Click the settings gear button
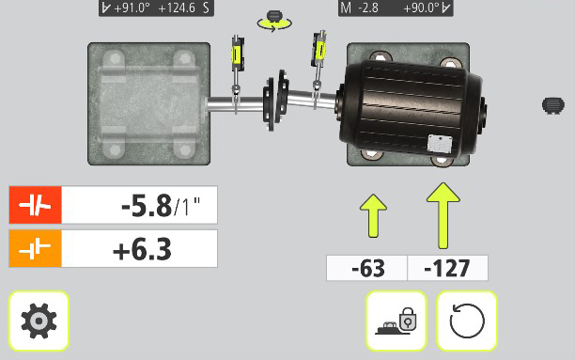click(39, 321)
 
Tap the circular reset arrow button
click(467, 321)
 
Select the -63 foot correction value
click(367, 268)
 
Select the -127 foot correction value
click(446, 268)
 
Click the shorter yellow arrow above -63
click(373, 216)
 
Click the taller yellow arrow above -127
click(443, 215)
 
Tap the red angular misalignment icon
click(35, 205)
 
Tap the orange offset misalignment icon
click(35, 248)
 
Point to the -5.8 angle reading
click(147, 206)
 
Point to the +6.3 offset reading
click(142, 249)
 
